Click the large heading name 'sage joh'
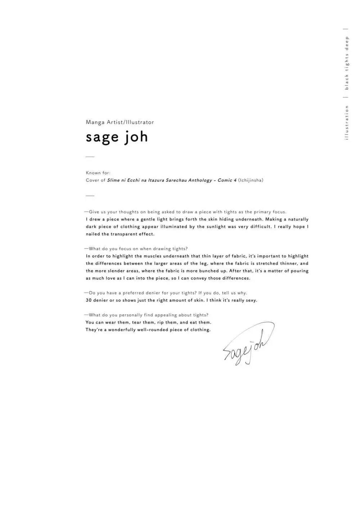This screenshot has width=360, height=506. (117, 137)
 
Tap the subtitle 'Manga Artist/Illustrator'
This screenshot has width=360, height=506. (120, 122)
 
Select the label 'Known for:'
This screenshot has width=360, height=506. (98, 173)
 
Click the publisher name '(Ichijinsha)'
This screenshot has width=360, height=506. (251, 180)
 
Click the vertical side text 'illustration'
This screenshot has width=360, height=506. (347, 122)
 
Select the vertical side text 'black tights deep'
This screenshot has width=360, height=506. (347, 63)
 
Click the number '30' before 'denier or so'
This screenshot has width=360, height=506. (89, 300)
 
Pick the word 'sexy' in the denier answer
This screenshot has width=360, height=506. (251, 300)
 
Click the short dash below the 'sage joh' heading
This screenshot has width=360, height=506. (90, 157)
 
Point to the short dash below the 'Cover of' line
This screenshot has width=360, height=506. (90, 196)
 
